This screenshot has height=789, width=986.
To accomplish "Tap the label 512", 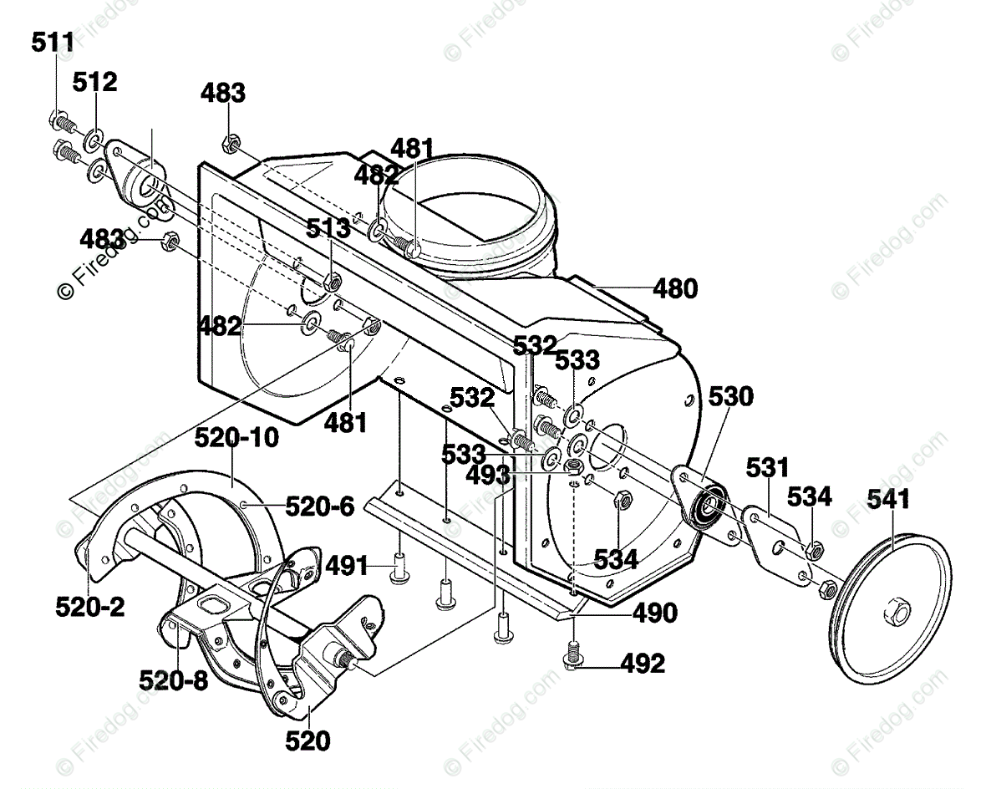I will tap(94, 82).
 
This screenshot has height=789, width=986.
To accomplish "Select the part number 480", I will tap(674, 288).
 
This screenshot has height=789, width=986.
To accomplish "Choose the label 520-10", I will tap(236, 437).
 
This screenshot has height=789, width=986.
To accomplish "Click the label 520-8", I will tap(173, 680).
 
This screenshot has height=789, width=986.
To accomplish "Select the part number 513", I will tap(329, 229).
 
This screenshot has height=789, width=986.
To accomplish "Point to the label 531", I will tap(766, 466).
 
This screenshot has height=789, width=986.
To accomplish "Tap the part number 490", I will tap(654, 613).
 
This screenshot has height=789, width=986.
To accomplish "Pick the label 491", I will tap(346, 566).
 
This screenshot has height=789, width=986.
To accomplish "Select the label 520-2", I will tap(90, 607).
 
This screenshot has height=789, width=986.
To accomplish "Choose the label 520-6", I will tap(319, 506).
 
